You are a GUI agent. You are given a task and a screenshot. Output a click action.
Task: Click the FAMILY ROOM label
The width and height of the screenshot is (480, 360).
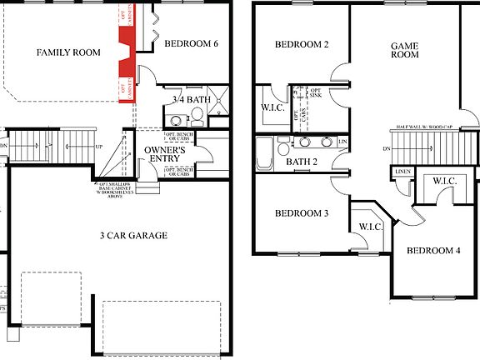tap(68, 52)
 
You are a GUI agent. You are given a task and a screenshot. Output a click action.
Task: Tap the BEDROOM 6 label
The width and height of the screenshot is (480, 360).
tap(191, 43)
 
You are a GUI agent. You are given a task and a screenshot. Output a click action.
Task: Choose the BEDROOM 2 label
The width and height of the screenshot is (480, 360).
tap(302, 44)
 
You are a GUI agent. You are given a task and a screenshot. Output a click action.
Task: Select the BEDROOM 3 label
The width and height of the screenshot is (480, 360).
tap(302, 213)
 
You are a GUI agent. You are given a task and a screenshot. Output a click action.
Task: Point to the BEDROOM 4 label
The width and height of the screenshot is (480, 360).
tap(433, 250)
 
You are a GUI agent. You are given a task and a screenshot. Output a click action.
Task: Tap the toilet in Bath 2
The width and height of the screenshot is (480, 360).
tap(283, 148)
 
